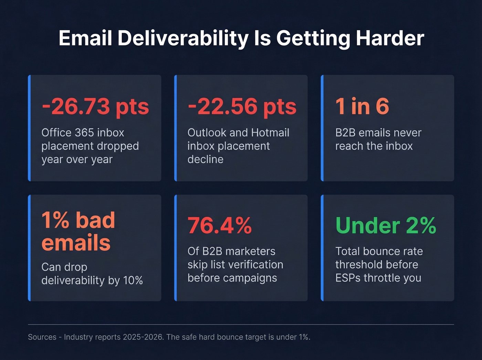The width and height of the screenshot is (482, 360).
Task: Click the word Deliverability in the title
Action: pyautogui.click(x=183, y=38)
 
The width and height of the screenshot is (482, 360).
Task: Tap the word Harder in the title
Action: pyautogui.click(x=390, y=38)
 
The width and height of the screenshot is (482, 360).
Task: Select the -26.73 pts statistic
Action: pyautogui.click(x=95, y=106)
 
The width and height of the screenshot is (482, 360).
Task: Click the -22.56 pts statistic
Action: pyautogui.click(x=242, y=106)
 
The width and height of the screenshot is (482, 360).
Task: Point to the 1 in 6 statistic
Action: pyautogui.click(x=362, y=106)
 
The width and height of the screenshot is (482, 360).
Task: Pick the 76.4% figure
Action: pyautogui.click(x=220, y=226)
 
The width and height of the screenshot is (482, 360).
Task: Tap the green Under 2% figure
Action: pyautogui.click(x=386, y=226)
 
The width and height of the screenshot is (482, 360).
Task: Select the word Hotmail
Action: pyautogui.click(x=270, y=133)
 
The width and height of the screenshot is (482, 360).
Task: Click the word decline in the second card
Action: pyautogui.click(x=205, y=160)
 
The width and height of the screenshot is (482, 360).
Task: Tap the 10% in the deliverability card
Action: pyautogui.click(x=133, y=280)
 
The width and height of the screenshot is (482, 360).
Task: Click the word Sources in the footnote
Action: pyautogui.click(x=42, y=337)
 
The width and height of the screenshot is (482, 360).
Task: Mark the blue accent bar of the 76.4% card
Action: pyautogui.click(x=176, y=248)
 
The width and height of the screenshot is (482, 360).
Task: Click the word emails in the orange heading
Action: pyautogui.click(x=76, y=243)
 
